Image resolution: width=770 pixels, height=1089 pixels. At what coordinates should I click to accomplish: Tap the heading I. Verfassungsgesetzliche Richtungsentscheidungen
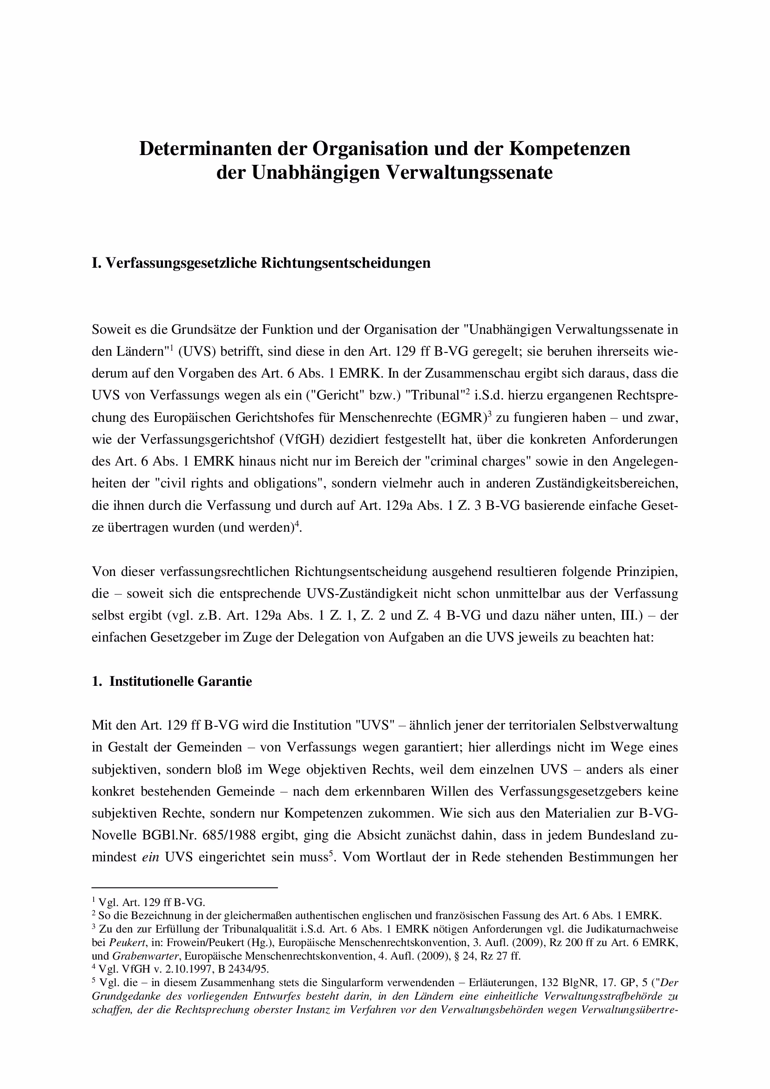pos(261,263)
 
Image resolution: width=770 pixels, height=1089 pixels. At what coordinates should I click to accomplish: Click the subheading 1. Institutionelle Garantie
pos(172,682)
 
